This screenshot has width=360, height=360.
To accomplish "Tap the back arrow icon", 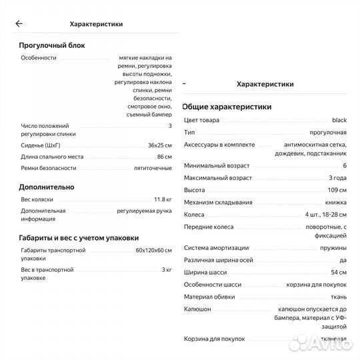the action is coord(19,23).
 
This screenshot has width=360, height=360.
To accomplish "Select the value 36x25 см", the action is coord(159,145).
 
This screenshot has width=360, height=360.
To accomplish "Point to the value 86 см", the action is coord(164,157).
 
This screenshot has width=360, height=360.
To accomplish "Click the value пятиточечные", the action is coord(153,168).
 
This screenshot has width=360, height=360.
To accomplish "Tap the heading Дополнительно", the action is coord(47,187).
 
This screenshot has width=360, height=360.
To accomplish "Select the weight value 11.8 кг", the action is coord(162,199).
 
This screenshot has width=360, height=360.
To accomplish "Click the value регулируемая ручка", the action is coord(143,211).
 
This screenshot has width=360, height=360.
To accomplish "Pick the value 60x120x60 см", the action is coord(153,250).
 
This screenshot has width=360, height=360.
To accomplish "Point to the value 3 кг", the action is coord(167,269).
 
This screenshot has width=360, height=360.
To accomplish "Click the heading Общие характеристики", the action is coord(227,107).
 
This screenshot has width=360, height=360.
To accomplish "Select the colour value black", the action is coord(339,120).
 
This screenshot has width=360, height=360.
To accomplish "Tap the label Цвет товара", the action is coord(201,120).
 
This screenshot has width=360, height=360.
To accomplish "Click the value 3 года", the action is coord(337,178).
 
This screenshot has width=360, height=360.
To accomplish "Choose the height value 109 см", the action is coord(337,190).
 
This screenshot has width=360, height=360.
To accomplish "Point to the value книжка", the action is coord(335,203).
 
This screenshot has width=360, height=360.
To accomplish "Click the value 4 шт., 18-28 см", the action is coord(325,215).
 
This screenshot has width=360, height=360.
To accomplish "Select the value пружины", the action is coord(334,247).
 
